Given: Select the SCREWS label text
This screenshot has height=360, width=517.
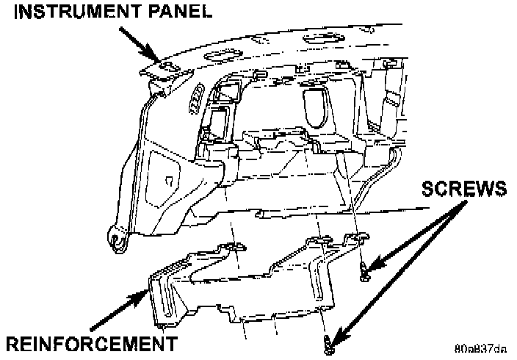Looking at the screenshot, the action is point(464,190).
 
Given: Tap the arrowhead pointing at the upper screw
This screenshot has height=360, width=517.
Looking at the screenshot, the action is point(375,265).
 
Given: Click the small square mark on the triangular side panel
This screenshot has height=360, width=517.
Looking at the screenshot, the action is point(168,180).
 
